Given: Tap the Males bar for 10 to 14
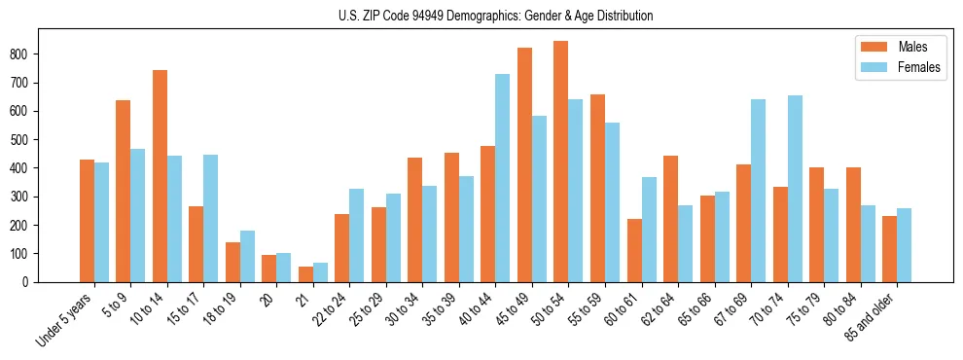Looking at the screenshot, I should coord(160,176).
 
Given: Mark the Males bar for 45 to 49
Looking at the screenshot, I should coord(524,164).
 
